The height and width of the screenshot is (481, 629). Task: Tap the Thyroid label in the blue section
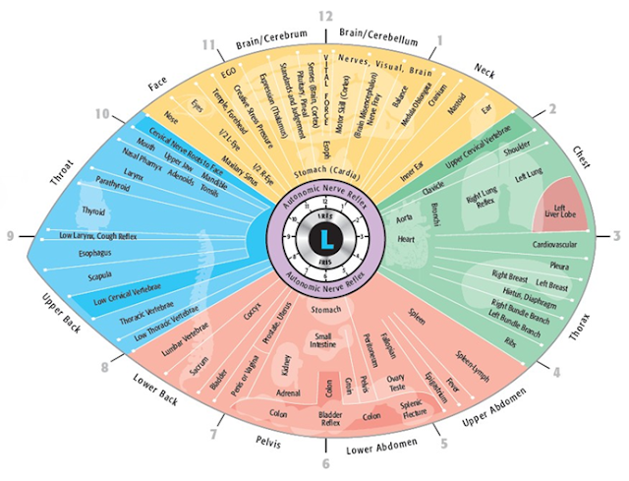coord(94,210)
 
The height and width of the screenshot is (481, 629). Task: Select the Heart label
coord(422,238)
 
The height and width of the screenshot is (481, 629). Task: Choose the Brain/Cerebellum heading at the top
coord(378,35)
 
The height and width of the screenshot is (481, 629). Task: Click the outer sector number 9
coord(10,236)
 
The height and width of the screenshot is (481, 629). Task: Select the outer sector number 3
coord(618,236)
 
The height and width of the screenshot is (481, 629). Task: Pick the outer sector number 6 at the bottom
coord(325,462)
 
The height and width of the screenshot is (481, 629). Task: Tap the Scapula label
coord(101,276)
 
